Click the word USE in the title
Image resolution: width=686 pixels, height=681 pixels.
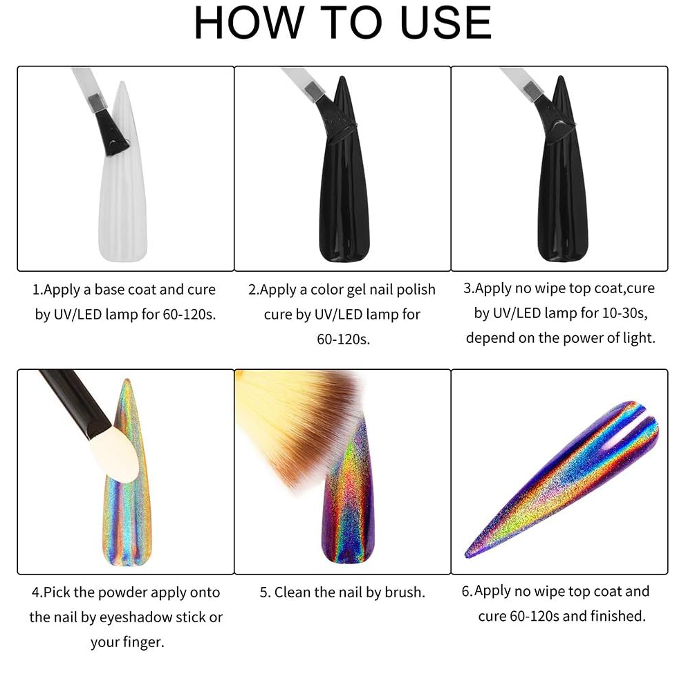pos(446,22)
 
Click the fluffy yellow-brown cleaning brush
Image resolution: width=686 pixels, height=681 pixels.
pos(297,420)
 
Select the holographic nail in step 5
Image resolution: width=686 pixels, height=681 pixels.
pos(349,498)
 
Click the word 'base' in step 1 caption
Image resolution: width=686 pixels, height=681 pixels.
pos(110,290)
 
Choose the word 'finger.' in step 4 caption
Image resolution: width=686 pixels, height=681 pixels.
pos(144,642)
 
